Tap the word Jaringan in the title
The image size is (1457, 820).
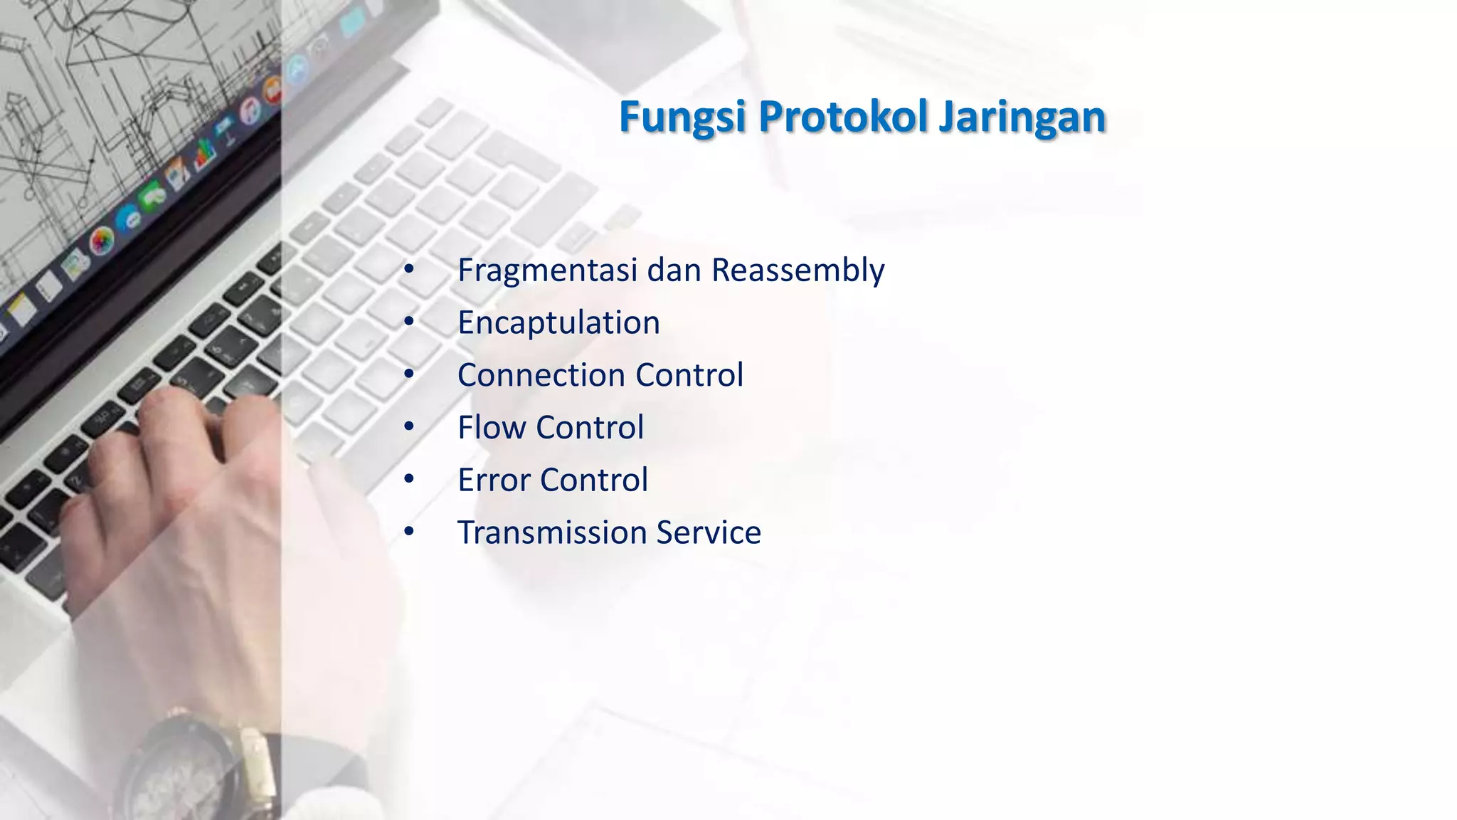(x=1022, y=117)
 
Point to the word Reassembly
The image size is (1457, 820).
(x=798, y=270)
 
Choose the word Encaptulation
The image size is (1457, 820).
(x=558, y=323)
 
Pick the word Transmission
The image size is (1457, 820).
(x=551, y=532)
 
